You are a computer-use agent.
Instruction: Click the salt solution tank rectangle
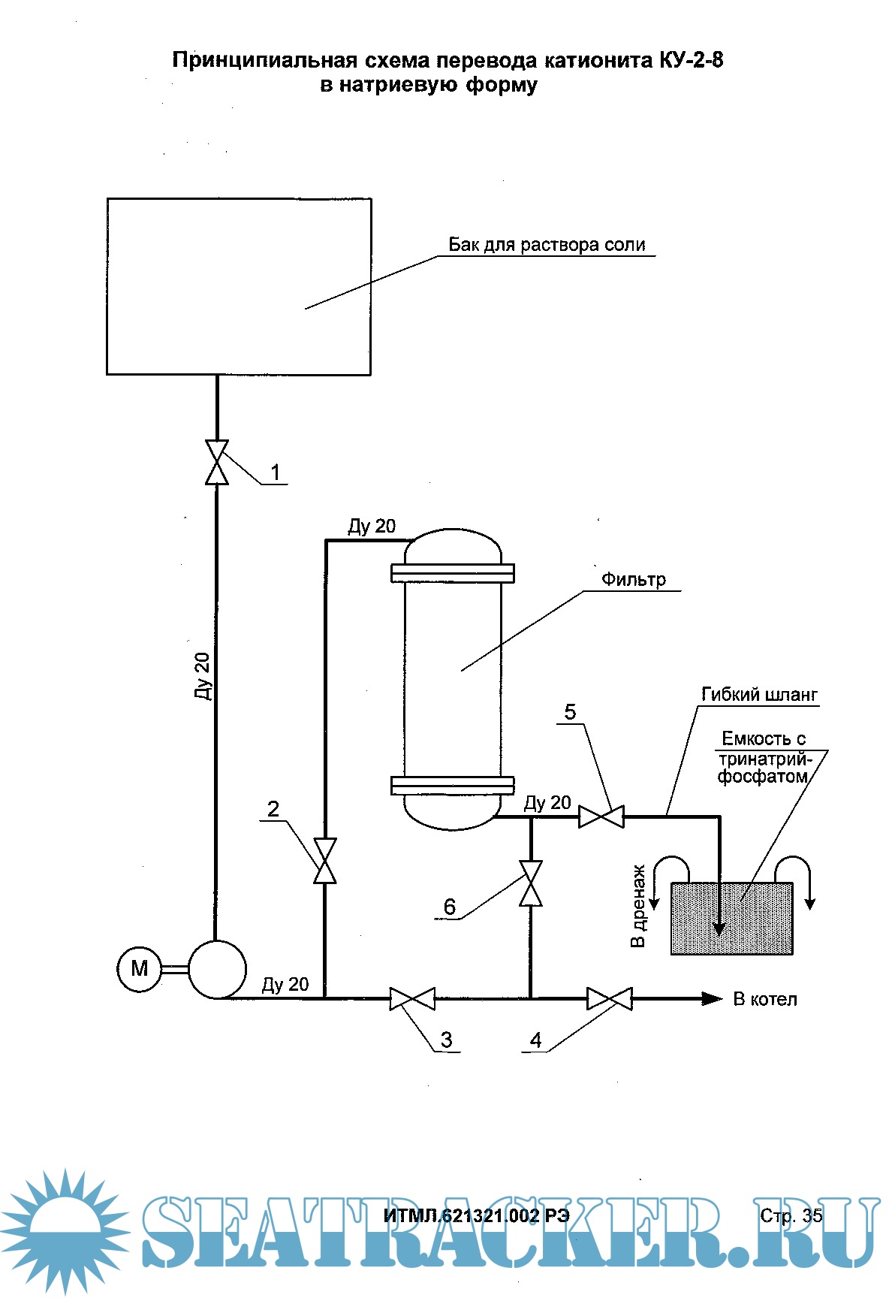pos(239,286)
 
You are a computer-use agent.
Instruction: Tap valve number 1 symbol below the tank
pos(217,463)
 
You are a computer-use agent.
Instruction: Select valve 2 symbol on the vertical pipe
pos(325,861)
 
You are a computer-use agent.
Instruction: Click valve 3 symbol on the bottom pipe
pos(412,999)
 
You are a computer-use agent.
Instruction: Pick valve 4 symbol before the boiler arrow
pos(610,999)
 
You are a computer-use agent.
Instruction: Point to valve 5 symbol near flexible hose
pos(601,817)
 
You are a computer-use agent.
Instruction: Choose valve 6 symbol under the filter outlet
pos(532,883)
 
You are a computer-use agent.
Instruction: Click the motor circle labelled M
pos(139,969)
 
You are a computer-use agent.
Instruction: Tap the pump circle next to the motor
pos(217,970)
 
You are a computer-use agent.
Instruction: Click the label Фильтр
pos(633,580)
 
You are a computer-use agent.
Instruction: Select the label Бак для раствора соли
pos(547,245)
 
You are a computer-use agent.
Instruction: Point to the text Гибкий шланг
pos(759,695)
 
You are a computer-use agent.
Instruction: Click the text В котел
pos(765,1000)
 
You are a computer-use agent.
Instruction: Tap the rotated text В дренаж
pos(638,906)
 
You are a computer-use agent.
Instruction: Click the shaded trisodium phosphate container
pos(731,919)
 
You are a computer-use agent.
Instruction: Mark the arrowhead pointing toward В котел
pos(712,999)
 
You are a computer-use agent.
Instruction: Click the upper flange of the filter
pos(453,573)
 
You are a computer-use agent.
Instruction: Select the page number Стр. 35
pos(791,1215)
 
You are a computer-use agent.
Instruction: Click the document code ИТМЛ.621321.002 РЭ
pos(476,1216)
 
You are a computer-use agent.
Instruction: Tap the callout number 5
pos(570,712)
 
